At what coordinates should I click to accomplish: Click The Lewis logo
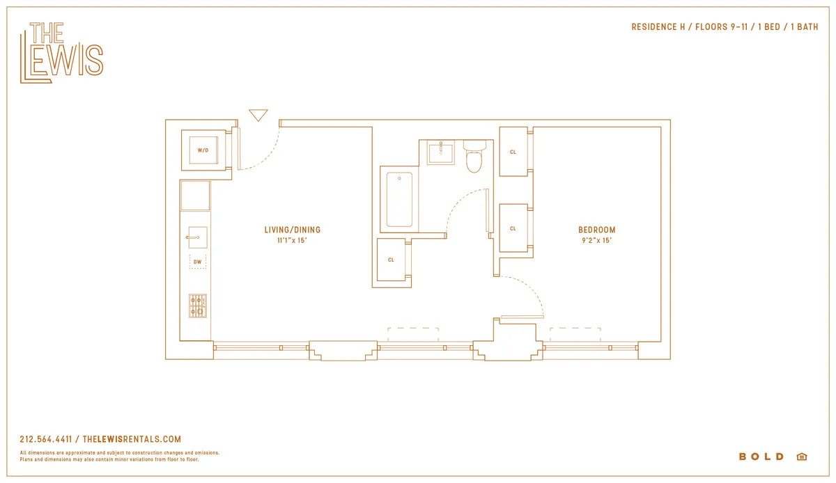(x=61, y=53)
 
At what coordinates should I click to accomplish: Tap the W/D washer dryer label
(x=203, y=150)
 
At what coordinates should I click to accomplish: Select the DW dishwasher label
(x=198, y=262)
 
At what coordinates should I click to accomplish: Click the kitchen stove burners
(x=198, y=306)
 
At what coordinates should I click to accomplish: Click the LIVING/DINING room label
(x=292, y=230)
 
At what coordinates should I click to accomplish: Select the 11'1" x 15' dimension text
(x=292, y=241)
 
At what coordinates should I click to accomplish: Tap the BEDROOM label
(x=596, y=230)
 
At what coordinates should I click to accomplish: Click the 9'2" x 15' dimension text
(x=596, y=241)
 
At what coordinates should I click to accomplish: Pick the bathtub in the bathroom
(x=399, y=200)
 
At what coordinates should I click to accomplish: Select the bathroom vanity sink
(x=440, y=152)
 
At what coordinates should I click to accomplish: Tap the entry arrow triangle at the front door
(x=258, y=115)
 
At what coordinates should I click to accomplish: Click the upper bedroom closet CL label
(x=513, y=152)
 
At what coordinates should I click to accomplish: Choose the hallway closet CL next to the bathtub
(x=391, y=260)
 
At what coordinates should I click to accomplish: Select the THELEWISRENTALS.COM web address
(x=132, y=439)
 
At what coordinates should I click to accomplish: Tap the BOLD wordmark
(x=761, y=457)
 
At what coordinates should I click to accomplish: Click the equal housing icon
(x=801, y=457)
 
